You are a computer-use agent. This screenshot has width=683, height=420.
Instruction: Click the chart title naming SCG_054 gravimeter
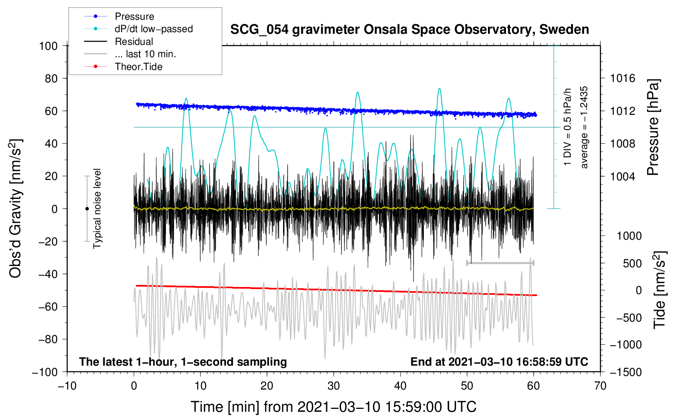click(409, 30)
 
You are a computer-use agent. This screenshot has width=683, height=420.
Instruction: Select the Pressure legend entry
click(134, 16)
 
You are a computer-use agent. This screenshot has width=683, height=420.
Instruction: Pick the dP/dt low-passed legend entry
click(153, 29)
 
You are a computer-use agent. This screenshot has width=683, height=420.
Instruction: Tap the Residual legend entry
click(134, 42)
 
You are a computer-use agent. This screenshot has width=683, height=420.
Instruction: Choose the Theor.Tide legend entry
click(138, 67)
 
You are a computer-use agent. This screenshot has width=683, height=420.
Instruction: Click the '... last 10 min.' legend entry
click(145, 54)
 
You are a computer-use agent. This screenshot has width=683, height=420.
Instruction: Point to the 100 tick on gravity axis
click(48, 46)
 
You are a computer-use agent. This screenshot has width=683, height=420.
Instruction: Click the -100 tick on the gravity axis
click(45, 372)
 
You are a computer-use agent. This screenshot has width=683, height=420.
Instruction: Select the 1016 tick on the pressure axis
click(623, 78)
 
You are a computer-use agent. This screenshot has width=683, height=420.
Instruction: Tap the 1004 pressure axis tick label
click(623, 176)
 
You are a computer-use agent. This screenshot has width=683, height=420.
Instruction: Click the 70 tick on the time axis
click(600, 386)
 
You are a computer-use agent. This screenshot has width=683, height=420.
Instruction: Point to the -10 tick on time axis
click(67, 386)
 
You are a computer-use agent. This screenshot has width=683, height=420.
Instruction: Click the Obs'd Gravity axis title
click(16, 208)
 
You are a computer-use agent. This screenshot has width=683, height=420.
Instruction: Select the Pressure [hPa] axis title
click(653, 127)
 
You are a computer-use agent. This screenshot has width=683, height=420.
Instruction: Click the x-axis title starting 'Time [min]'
click(333, 407)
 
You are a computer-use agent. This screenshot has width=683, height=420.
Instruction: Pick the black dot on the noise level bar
click(87, 209)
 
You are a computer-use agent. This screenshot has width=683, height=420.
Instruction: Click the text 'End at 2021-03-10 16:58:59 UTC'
click(499, 362)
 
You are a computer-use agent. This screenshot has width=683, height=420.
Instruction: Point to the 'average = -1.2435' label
click(584, 127)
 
